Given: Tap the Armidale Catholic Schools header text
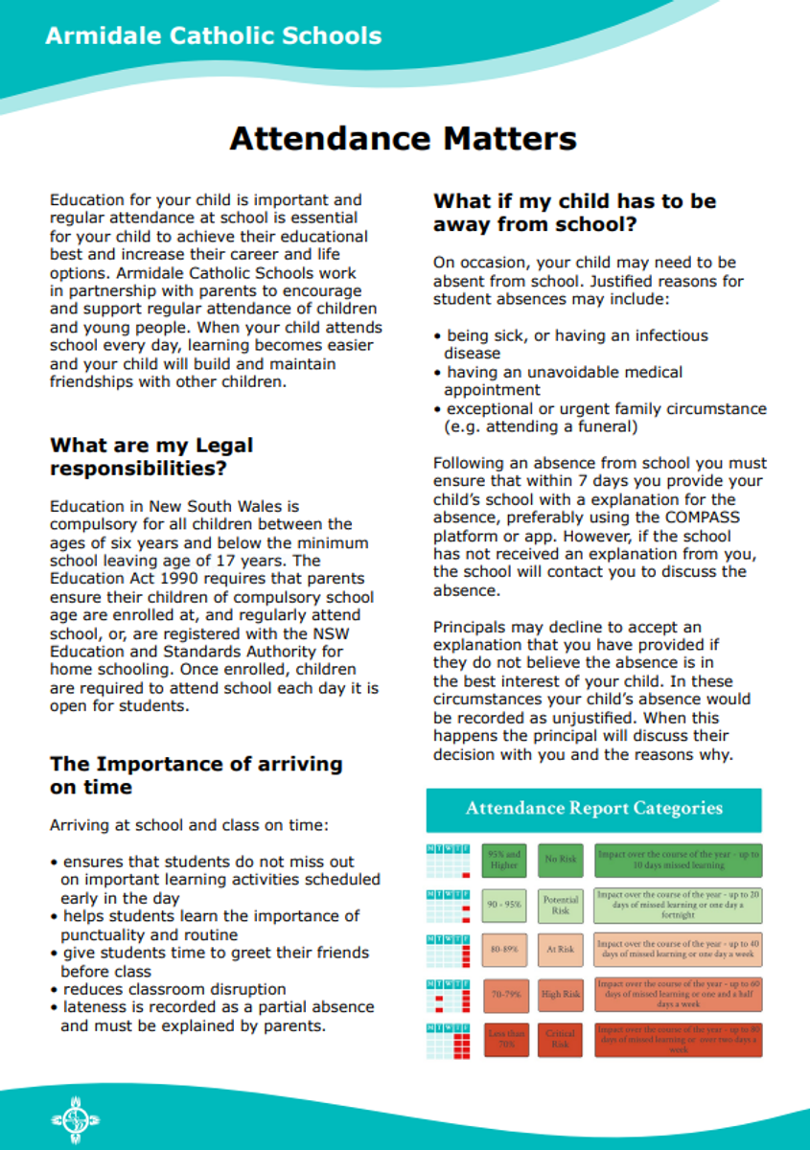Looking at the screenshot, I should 213,37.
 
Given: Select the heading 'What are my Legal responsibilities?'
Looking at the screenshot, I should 151,457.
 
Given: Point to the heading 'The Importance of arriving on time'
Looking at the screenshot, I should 196,775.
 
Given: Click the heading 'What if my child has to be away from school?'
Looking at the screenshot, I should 574,213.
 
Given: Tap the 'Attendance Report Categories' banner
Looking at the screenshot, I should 593,809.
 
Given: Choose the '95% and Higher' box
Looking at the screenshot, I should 503,860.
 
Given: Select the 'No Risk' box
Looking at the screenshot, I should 560,860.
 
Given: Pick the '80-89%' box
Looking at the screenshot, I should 503,950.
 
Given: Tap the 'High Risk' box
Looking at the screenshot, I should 560,995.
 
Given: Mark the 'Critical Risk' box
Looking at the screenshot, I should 560,1040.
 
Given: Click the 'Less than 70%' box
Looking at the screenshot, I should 503,1040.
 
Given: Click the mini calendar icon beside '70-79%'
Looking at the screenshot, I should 449,995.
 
